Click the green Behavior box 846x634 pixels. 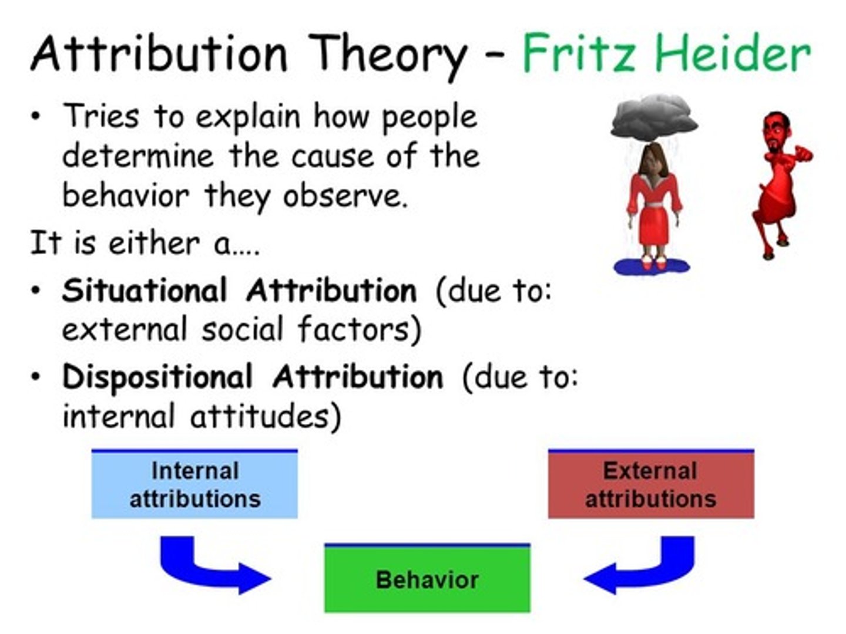click(x=427, y=579)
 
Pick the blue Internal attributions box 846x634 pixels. click(x=194, y=485)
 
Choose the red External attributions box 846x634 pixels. click(x=650, y=485)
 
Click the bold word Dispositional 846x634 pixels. click(x=157, y=376)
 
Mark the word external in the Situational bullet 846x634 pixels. click(x=123, y=329)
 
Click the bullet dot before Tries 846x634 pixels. click(x=36, y=116)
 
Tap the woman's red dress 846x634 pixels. click(x=654, y=211)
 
